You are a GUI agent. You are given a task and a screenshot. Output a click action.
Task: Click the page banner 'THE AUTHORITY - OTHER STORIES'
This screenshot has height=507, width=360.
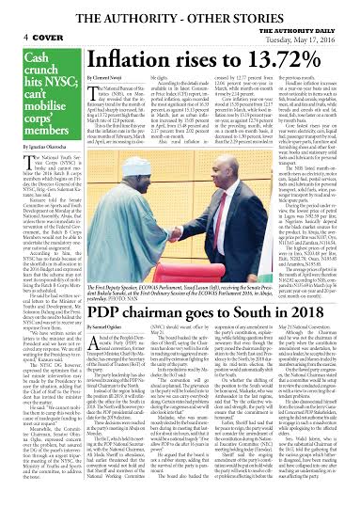coord(180,10)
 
